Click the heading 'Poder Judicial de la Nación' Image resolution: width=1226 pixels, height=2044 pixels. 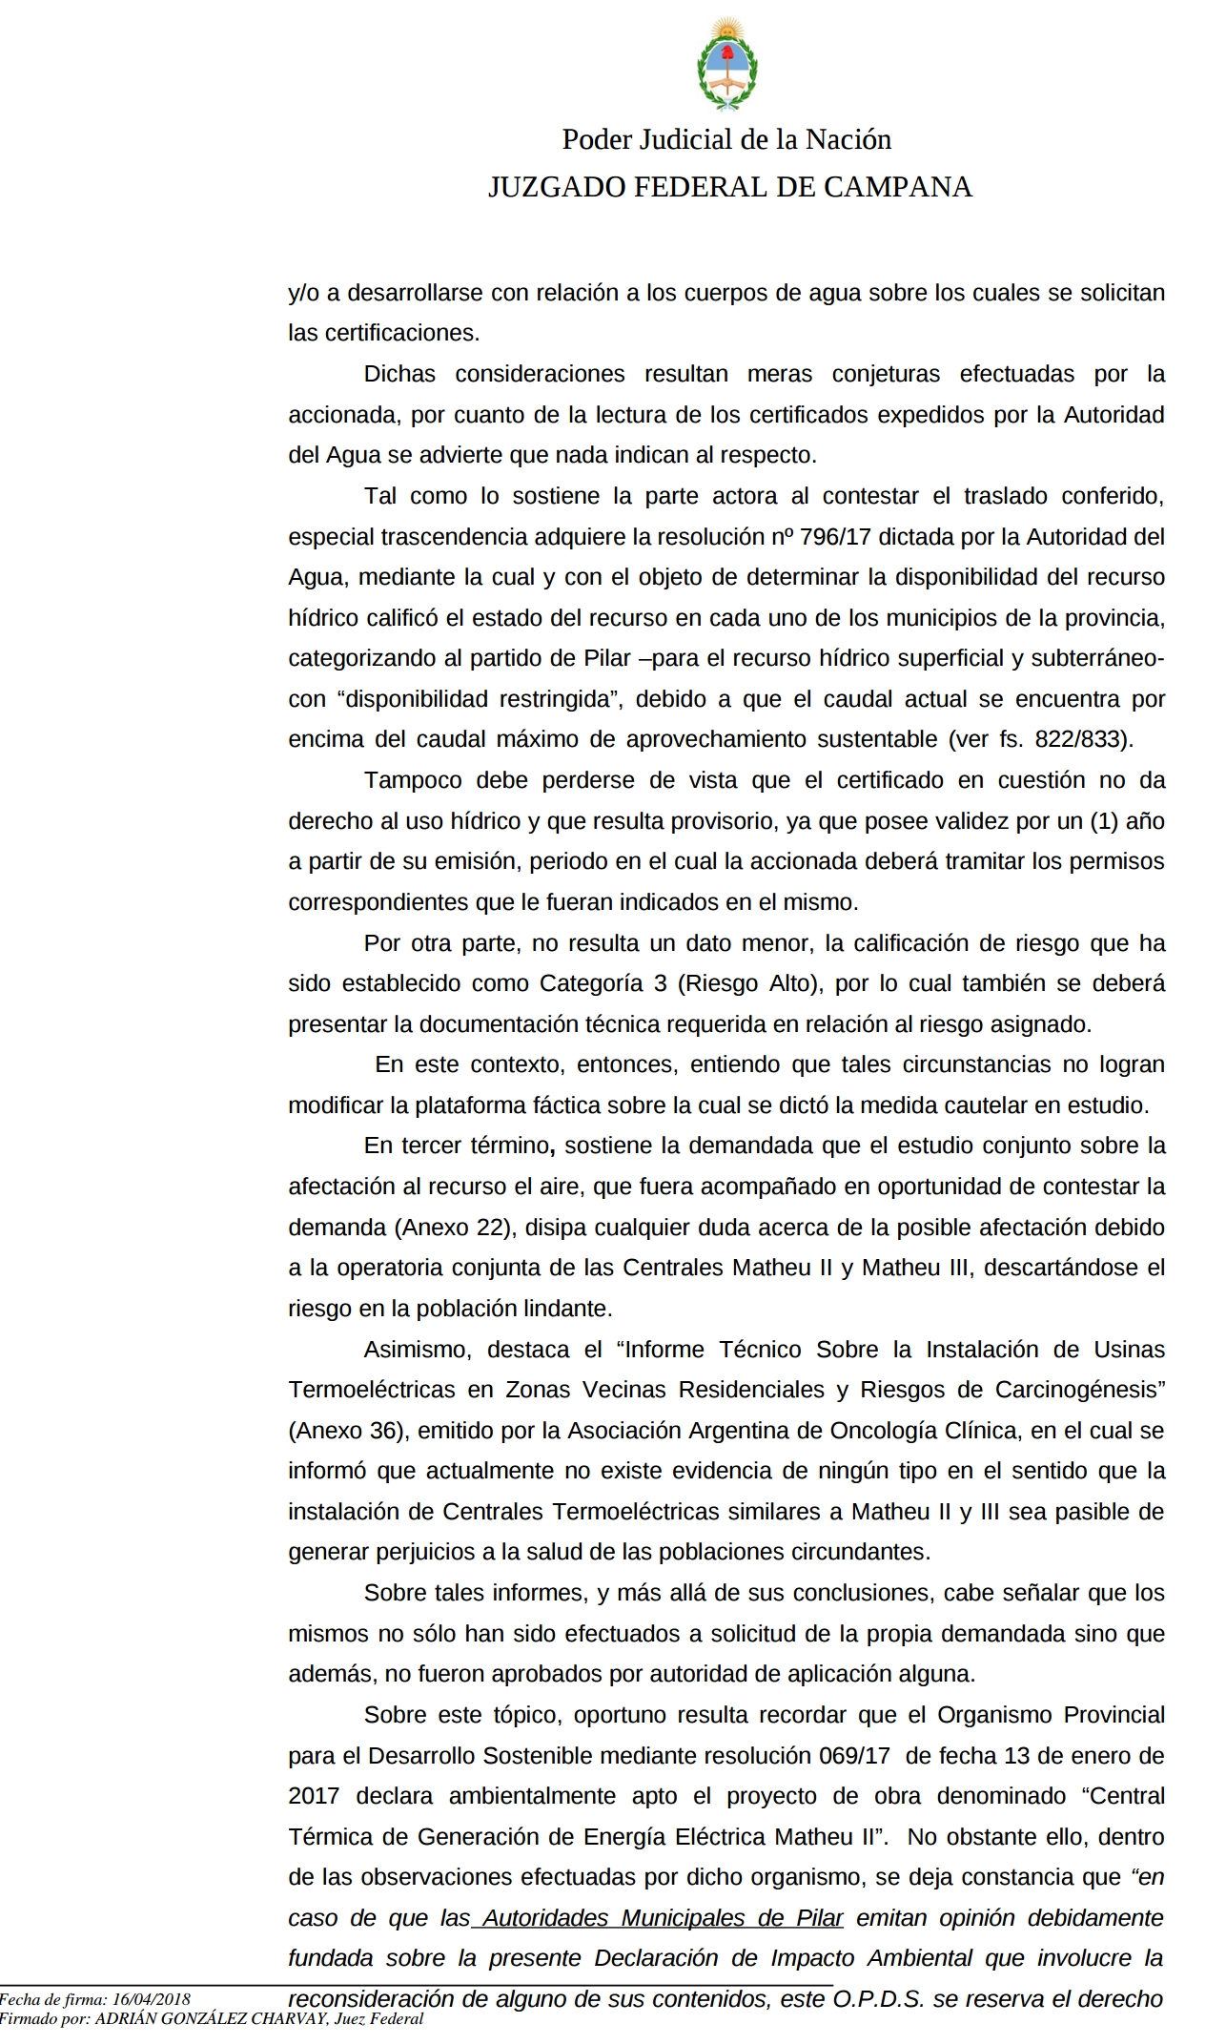point(726,139)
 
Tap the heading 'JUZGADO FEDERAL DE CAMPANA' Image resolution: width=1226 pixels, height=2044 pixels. point(729,187)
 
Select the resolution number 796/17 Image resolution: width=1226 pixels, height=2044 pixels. point(835,536)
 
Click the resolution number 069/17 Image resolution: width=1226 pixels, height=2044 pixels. point(854,1756)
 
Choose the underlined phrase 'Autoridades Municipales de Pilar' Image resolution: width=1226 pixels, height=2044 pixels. point(663,1918)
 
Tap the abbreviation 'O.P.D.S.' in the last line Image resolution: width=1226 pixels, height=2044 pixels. point(878,1999)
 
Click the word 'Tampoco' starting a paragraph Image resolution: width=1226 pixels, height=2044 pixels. point(412,780)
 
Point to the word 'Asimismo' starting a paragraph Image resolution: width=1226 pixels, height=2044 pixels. point(415,1350)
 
